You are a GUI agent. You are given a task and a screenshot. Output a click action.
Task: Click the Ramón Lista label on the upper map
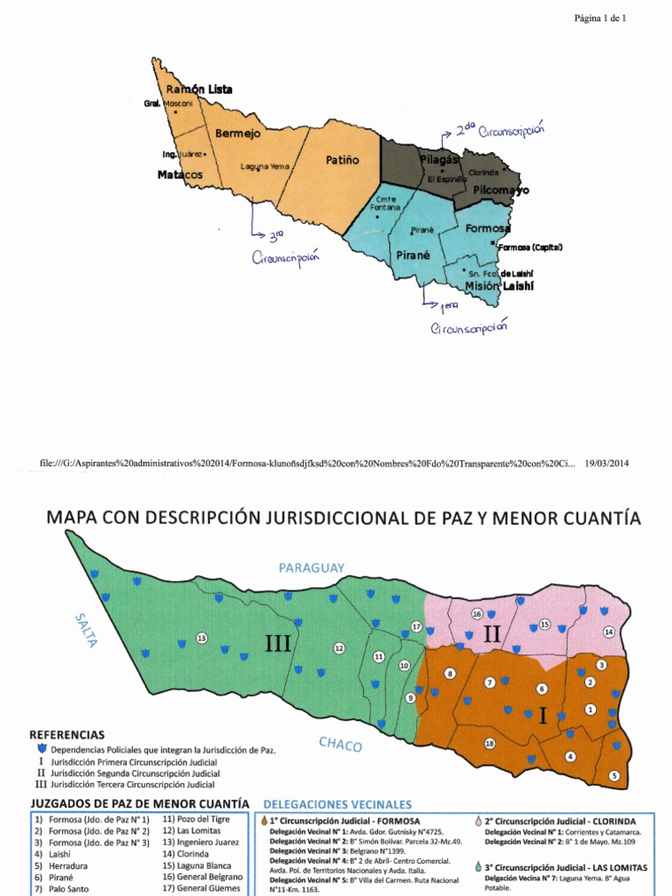[199, 89]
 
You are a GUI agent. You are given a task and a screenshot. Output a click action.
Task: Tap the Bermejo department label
[238, 134]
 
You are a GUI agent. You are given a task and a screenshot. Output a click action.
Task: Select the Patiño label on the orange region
[343, 160]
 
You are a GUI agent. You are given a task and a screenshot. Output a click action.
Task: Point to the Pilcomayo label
[500, 190]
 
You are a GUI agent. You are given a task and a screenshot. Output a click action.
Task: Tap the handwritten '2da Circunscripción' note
[499, 132]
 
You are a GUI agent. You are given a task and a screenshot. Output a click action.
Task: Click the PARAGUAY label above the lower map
[311, 568]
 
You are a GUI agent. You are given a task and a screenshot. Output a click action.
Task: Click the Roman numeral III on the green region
[278, 645]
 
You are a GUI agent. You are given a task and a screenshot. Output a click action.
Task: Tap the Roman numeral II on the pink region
[492, 634]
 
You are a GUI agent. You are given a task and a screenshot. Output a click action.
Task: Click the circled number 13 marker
[201, 638]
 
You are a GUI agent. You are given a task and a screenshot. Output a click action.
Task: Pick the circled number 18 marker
[489, 744]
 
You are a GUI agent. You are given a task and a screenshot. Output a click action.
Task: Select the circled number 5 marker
[614, 775]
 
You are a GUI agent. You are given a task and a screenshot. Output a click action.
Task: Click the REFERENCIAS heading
[67, 735]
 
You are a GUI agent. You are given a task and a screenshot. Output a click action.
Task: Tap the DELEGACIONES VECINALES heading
[337, 803]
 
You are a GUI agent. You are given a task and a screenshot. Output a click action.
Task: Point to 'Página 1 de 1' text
[600, 17]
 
